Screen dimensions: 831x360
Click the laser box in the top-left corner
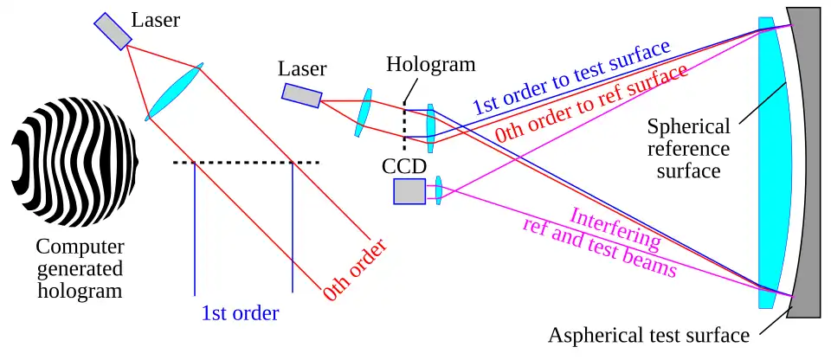(113, 31)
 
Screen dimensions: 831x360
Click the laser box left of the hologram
(301, 95)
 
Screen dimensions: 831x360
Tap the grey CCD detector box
(409, 191)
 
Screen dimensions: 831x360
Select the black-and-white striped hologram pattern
(74, 161)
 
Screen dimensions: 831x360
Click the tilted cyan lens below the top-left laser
(174, 92)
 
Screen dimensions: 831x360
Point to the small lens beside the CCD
(438, 190)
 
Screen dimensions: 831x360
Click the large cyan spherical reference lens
(773, 162)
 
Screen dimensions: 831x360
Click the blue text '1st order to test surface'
(571, 78)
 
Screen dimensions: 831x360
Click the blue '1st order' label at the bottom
(240, 313)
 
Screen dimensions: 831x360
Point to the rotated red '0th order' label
(355, 270)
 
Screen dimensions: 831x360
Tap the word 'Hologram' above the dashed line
(431, 64)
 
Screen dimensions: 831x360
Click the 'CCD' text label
(404, 167)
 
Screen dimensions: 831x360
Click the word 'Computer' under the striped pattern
(80, 247)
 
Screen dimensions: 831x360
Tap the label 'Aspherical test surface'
(648, 336)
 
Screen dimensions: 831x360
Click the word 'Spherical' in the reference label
(688, 127)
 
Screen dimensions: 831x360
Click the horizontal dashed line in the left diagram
(246, 162)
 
